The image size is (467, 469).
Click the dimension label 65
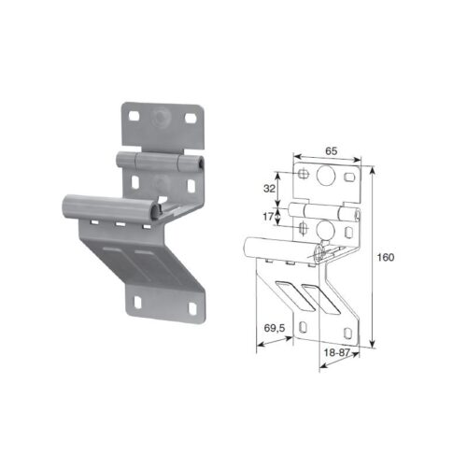click(x=332, y=151)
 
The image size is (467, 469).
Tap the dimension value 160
click(x=386, y=258)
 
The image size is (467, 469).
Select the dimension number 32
click(x=269, y=189)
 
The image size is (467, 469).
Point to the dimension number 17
click(x=268, y=217)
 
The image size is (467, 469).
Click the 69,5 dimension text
click(x=275, y=328)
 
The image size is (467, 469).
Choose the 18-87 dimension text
click(x=337, y=352)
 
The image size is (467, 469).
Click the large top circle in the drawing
click(x=325, y=175)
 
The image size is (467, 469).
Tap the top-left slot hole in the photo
click(x=134, y=116)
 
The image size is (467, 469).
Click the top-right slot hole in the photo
click(x=190, y=118)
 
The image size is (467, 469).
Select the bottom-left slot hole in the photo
click(x=137, y=302)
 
